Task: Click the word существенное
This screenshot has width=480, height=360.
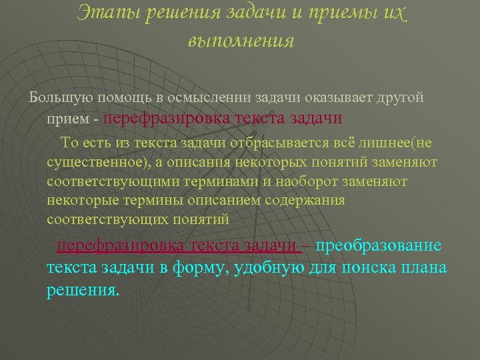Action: [x=93, y=161]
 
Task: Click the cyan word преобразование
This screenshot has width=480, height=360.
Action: [x=379, y=245]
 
